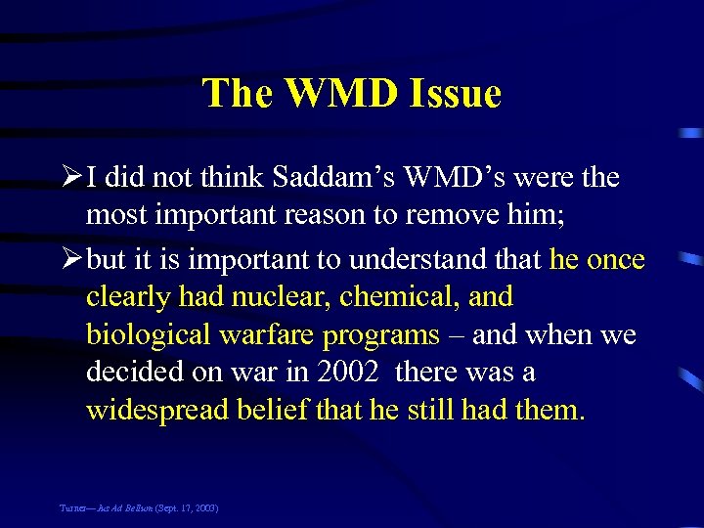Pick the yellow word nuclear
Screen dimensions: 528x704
278,297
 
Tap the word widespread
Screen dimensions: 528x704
156,410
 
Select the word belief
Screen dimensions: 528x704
274,410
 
